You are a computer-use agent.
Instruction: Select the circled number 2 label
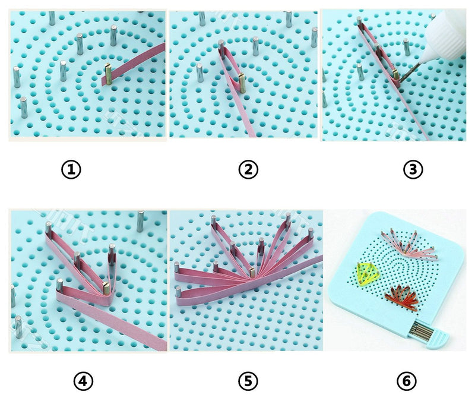tap(248, 170)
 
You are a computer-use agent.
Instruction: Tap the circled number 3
tap(412, 170)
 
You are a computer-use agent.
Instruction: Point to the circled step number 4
tap(84, 380)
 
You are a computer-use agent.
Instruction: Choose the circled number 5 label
tap(249, 380)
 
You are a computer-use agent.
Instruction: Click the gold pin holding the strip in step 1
tap(109, 74)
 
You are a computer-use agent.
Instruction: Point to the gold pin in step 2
tap(242, 82)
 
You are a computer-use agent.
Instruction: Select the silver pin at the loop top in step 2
tap(221, 46)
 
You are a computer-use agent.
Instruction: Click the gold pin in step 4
tap(106, 288)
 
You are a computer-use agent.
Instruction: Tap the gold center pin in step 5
tap(252, 273)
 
